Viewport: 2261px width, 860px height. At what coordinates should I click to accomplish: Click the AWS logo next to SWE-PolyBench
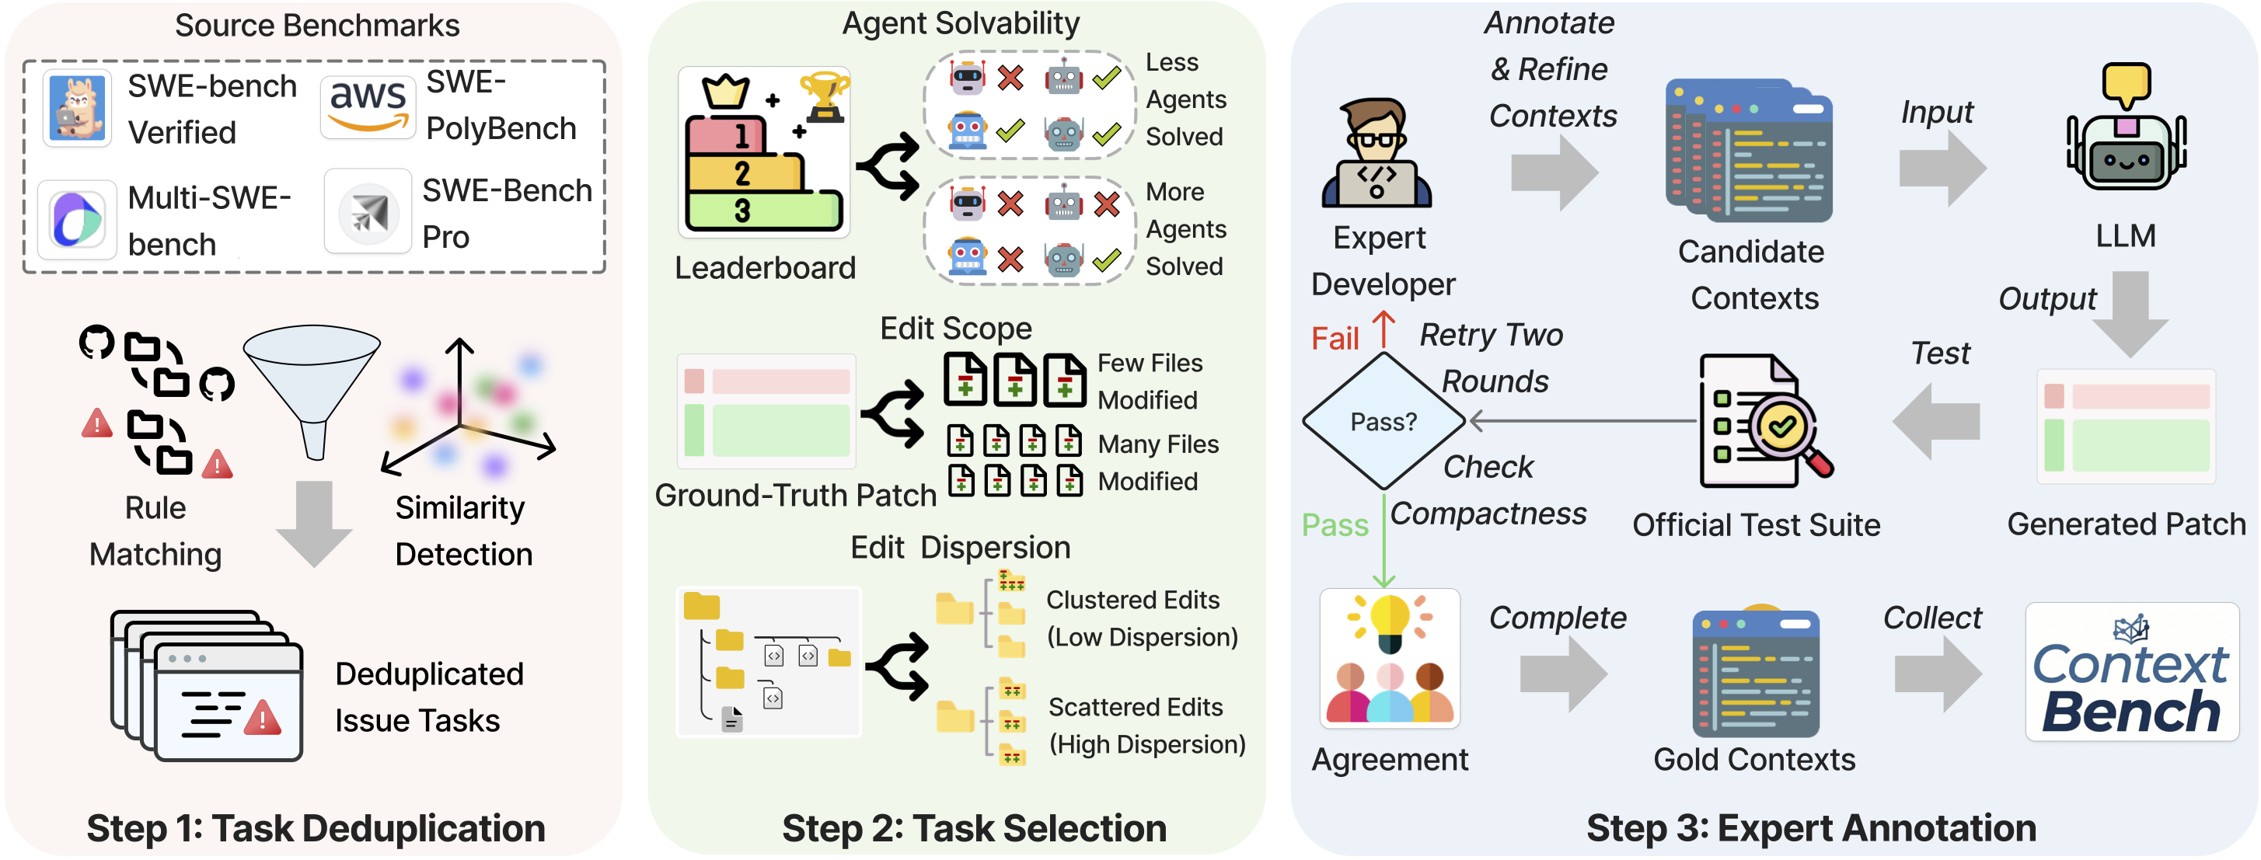(367, 106)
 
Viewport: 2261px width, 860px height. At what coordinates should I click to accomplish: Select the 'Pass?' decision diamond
(1383, 421)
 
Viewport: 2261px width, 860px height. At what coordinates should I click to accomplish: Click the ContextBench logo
(2131, 673)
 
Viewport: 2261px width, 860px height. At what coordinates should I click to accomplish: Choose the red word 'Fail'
(1334, 339)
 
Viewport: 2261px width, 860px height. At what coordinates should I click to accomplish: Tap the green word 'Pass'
(1334, 524)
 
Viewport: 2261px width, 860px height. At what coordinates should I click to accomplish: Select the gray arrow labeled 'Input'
(1941, 167)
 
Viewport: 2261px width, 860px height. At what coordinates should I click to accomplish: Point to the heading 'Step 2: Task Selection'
(973, 827)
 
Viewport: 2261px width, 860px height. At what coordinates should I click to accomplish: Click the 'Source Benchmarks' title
(317, 26)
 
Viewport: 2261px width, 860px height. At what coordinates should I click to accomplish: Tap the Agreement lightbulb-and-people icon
(1390, 658)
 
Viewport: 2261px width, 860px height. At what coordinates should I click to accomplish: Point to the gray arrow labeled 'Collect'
(1937, 673)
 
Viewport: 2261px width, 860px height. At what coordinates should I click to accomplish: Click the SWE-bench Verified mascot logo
(77, 108)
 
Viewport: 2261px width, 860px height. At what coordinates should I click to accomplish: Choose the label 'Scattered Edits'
(1135, 706)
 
